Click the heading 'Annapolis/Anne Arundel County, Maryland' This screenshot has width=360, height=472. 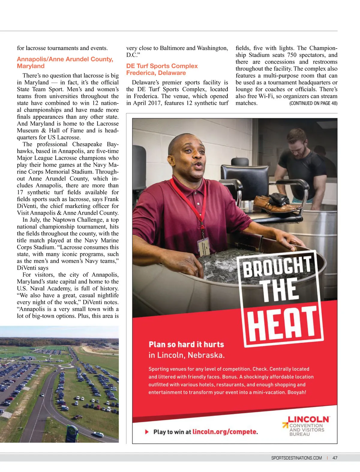[65, 63]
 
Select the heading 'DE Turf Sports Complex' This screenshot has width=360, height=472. [162, 66]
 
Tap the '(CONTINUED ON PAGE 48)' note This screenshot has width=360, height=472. [313, 103]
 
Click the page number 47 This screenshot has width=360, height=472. [335, 458]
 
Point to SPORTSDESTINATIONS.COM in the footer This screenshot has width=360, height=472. [296, 458]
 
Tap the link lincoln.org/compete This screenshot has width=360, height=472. [225, 432]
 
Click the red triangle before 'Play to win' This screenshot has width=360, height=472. [147, 432]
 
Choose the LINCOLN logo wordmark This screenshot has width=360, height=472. [308, 419]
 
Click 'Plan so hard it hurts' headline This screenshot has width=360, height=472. [186, 344]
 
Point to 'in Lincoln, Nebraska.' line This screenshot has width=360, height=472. [186, 355]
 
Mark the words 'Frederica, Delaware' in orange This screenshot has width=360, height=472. [156, 73]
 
